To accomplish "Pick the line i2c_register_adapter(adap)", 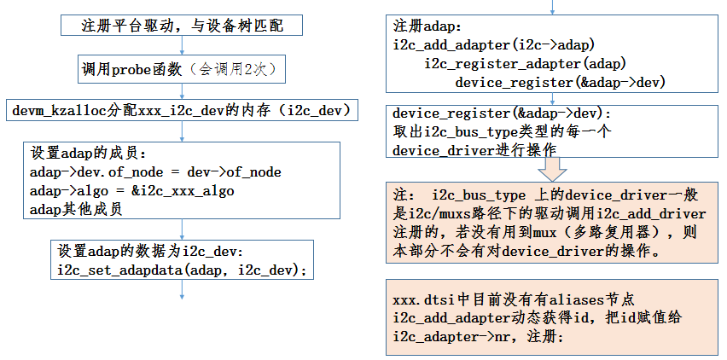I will click(525, 64).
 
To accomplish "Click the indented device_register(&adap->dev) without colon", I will click(560, 83).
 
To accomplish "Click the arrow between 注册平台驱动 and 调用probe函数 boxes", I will click(181, 47).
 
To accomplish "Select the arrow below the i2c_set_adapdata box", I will click(183, 290).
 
